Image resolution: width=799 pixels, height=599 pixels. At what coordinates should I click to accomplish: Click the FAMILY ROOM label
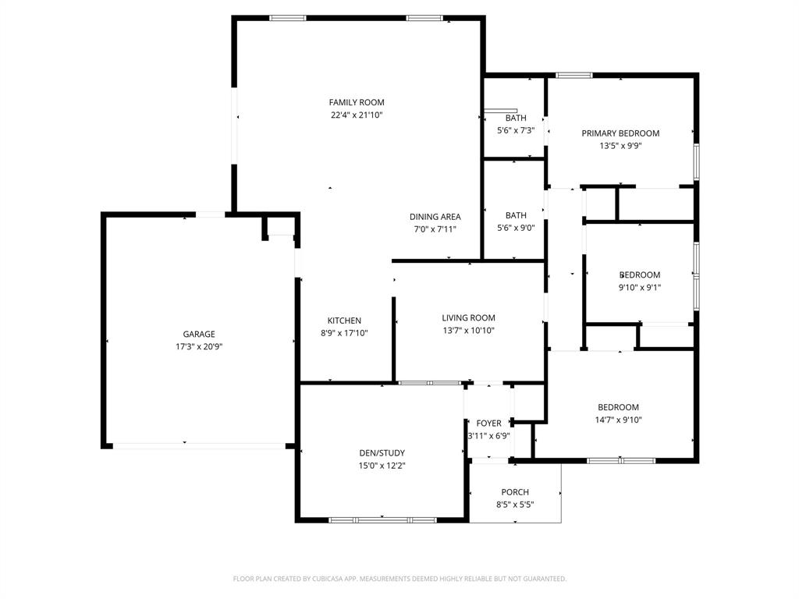click(357, 102)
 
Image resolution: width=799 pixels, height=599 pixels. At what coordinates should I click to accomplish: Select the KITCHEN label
click(344, 321)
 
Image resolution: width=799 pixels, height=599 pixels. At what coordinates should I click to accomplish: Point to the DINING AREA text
click(435, 217)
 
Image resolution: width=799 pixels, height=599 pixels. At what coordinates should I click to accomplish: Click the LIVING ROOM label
click(468, 317)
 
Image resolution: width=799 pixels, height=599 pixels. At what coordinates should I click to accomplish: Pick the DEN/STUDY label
click(382, 453)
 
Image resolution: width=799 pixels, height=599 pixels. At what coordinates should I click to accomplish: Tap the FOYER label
click(488, 424)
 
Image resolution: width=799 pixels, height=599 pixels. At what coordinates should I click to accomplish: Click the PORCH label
click(515, 492)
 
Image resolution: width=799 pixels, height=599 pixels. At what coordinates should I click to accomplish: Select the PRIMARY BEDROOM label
click(620, 133)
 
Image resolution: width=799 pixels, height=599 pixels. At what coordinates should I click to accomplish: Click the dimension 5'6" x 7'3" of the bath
click(515, 130)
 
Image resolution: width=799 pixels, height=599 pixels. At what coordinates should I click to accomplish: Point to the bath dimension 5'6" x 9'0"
click(515, 228)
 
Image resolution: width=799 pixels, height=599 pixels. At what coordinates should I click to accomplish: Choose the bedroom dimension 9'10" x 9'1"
click(640, 287)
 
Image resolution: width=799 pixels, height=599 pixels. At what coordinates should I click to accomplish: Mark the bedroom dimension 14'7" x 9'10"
click(619, 420)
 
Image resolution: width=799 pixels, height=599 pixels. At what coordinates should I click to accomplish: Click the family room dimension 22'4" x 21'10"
click(357, 115)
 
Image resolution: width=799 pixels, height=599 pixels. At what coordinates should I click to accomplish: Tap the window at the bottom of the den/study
click(382, 519)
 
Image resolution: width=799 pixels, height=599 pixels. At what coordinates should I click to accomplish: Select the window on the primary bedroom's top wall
click(574, 76)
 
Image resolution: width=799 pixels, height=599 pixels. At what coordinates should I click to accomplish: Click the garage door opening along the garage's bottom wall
click(199, 446)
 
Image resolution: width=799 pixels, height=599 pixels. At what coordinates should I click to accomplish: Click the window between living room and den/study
click(429, 383)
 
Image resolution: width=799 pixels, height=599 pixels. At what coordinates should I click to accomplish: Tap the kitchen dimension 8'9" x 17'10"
click(344, 333)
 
